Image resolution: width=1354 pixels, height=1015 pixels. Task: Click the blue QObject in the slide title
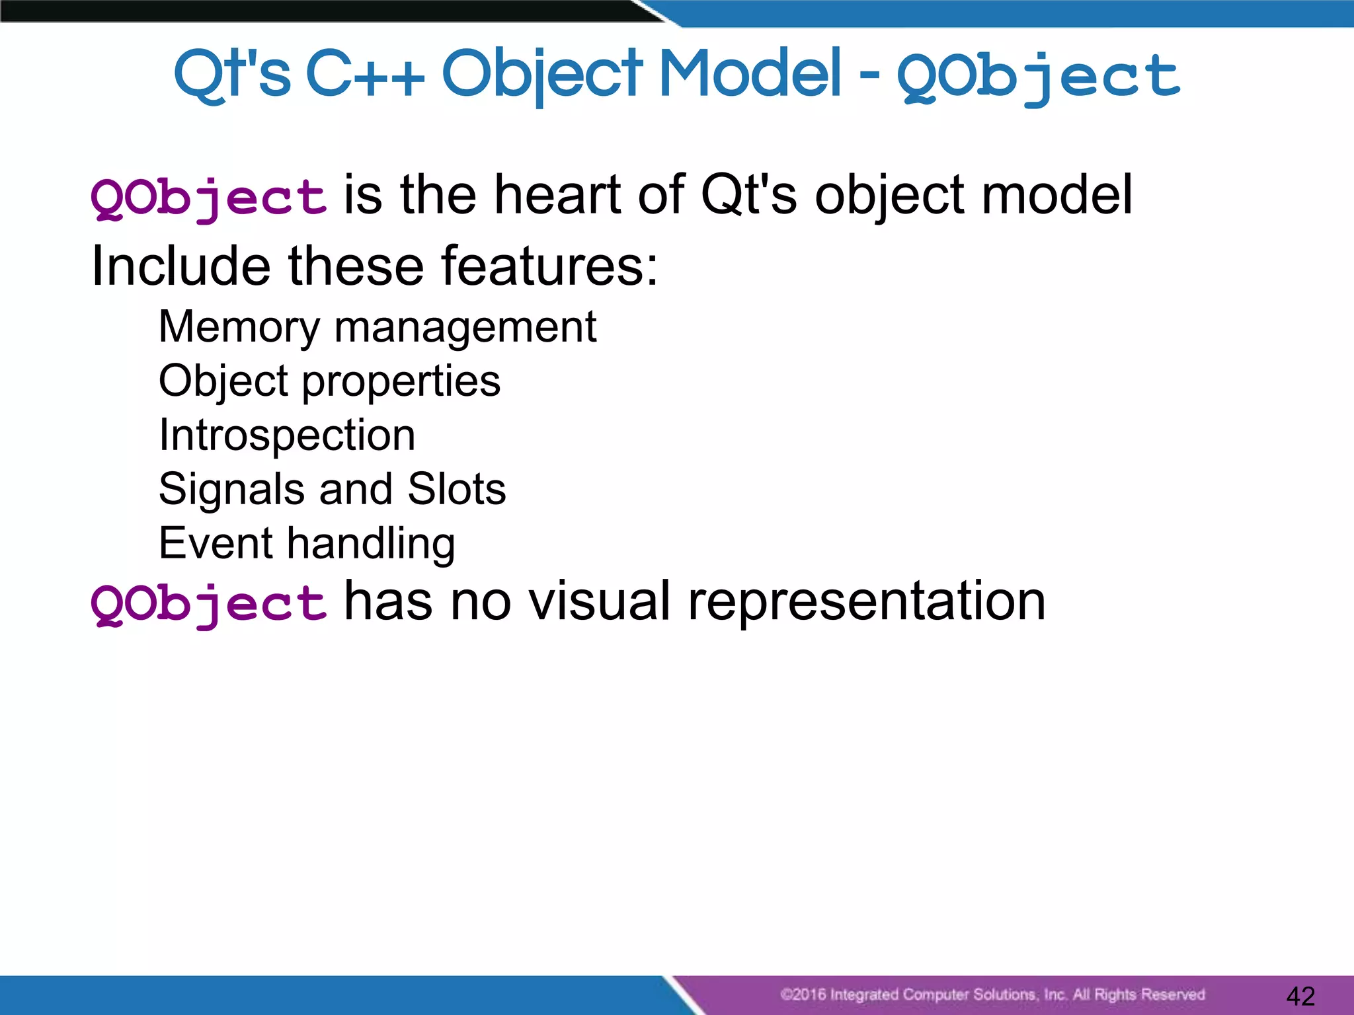coord(1038,76)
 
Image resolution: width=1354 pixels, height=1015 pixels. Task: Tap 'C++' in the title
coord(365,74)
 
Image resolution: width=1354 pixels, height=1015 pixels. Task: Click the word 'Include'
coord(180,266)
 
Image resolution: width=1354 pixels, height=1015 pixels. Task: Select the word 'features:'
coord(549,266)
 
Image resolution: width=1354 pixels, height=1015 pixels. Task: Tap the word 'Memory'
coord(239,327)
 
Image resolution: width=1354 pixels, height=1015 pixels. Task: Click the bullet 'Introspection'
coord(287,435)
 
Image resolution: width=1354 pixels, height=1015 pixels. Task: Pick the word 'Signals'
coord(231,490)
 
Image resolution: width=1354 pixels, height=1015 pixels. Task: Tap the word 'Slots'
coord(456,489)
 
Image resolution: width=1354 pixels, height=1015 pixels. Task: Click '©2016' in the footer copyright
coord(803,995)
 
